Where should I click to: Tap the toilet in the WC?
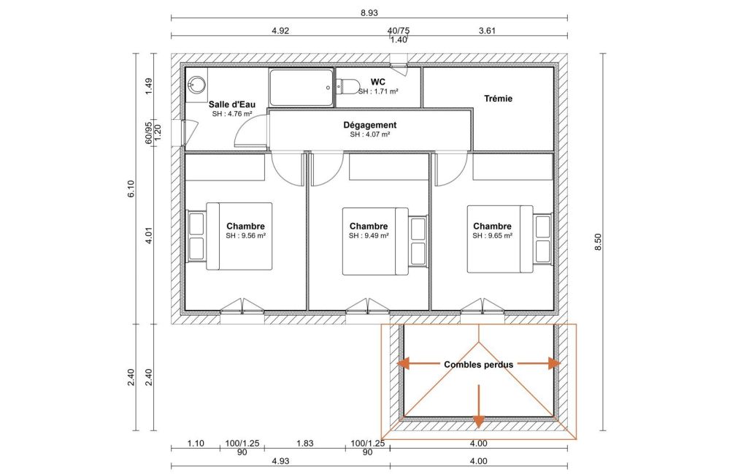(x=347, y=85)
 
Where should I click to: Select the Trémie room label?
(x=498, y=99)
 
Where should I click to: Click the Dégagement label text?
(x=370, y=125)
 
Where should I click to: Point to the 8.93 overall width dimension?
(x=369, y=13)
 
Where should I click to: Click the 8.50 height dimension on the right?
(x=599, y=242)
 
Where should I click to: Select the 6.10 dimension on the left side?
(x=131, y=189)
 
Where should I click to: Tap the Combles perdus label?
(x=479, y=365)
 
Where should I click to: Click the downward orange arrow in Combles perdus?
(x=479, y=406)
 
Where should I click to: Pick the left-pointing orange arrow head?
(x=403, y=363)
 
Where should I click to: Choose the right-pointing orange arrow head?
(x=555, y=363)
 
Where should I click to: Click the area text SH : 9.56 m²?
(x=246, y=236)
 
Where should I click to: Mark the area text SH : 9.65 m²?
(x=493, y=236)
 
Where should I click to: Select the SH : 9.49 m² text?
(x=369, y=236)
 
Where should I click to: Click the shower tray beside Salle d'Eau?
(x=301, y=88)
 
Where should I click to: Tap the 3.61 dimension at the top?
(x=487, y=31)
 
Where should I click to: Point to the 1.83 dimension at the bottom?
(x=305, y=444)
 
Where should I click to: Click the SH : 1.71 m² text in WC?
(x=378, y=92)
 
